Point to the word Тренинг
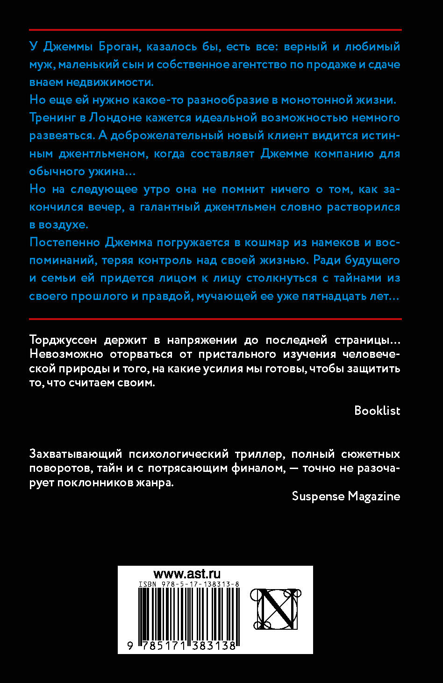coord(52,118)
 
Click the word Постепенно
coord(64,242)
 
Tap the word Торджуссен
coord(69,340)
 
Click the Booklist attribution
coord(377,411)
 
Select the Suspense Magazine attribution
coord(346,496)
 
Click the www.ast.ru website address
coord(187,574)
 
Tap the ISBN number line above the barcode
coord(189,584)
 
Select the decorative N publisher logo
coord(275,609)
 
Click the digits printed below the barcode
coord(182,646)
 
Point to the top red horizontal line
coord(215,30)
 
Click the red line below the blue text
coord(215,319)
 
